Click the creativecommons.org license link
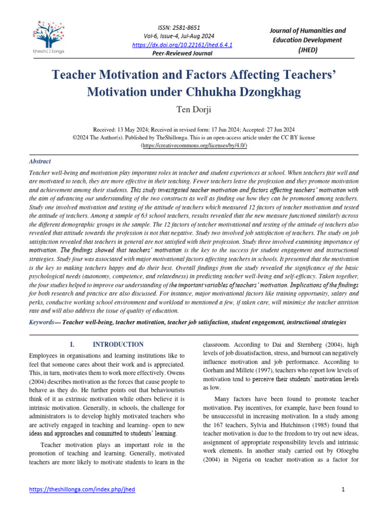click(194, 145)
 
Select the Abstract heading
click(39, 162)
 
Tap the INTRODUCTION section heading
click(119, 344)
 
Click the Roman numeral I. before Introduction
click(72, 344)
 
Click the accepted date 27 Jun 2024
click(277, 129)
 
